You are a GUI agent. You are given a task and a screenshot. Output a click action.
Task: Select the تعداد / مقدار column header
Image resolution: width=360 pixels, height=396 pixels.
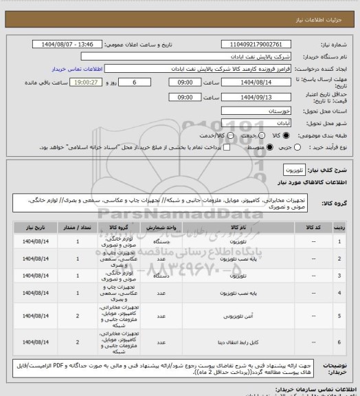click(x=78, y=225)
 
